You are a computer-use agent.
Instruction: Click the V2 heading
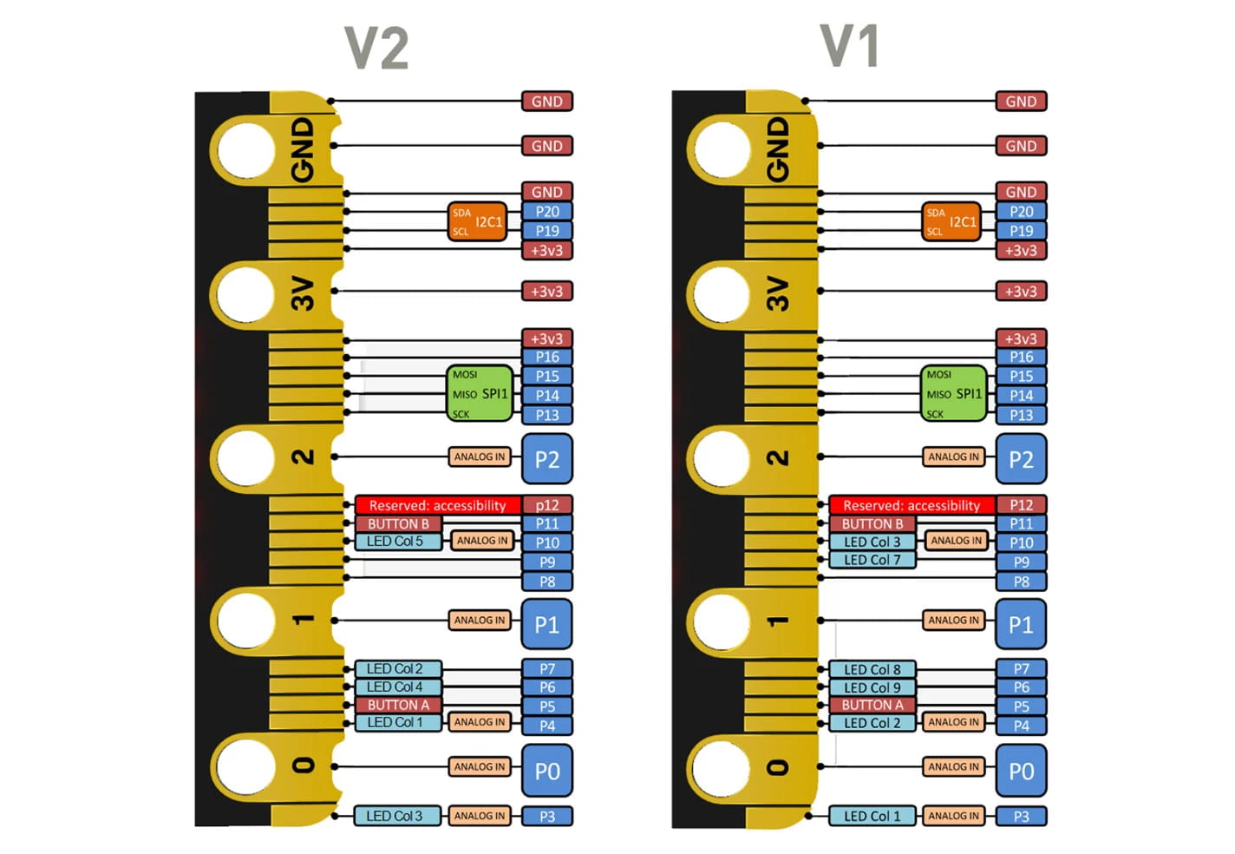[x=376, y=49]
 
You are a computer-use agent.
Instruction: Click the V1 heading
[x=850, y=47]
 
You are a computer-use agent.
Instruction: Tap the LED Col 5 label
[x=395, y=542]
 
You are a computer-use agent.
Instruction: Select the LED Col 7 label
[x=872, y=561]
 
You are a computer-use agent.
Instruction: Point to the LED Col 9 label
[x=872, y=687]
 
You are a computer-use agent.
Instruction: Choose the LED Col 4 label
[x=395, y=687]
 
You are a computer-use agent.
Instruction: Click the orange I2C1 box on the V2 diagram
[x=478, y=221]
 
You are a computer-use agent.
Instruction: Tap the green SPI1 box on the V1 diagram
[x=953, y=394]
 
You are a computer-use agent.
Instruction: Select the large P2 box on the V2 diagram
[x=547, y=459]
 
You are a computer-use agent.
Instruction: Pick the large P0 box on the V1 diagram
[x=1021, y=771]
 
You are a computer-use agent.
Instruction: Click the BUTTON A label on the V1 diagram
[x=872, y=706]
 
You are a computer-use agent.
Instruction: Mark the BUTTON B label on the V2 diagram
[x=398, y=524]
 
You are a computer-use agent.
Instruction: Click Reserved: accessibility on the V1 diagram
[x=911, y=505]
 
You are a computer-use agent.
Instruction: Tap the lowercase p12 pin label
[x=547, y=505]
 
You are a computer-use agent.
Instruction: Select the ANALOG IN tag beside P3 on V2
[x=480, y=816]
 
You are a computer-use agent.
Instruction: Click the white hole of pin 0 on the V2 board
[x=246, y=765]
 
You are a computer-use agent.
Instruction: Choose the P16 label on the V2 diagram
[x=547, y=357]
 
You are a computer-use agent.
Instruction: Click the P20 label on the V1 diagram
[x=1021, y=212]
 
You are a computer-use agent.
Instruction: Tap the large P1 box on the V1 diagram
[x=1021, y=625]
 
